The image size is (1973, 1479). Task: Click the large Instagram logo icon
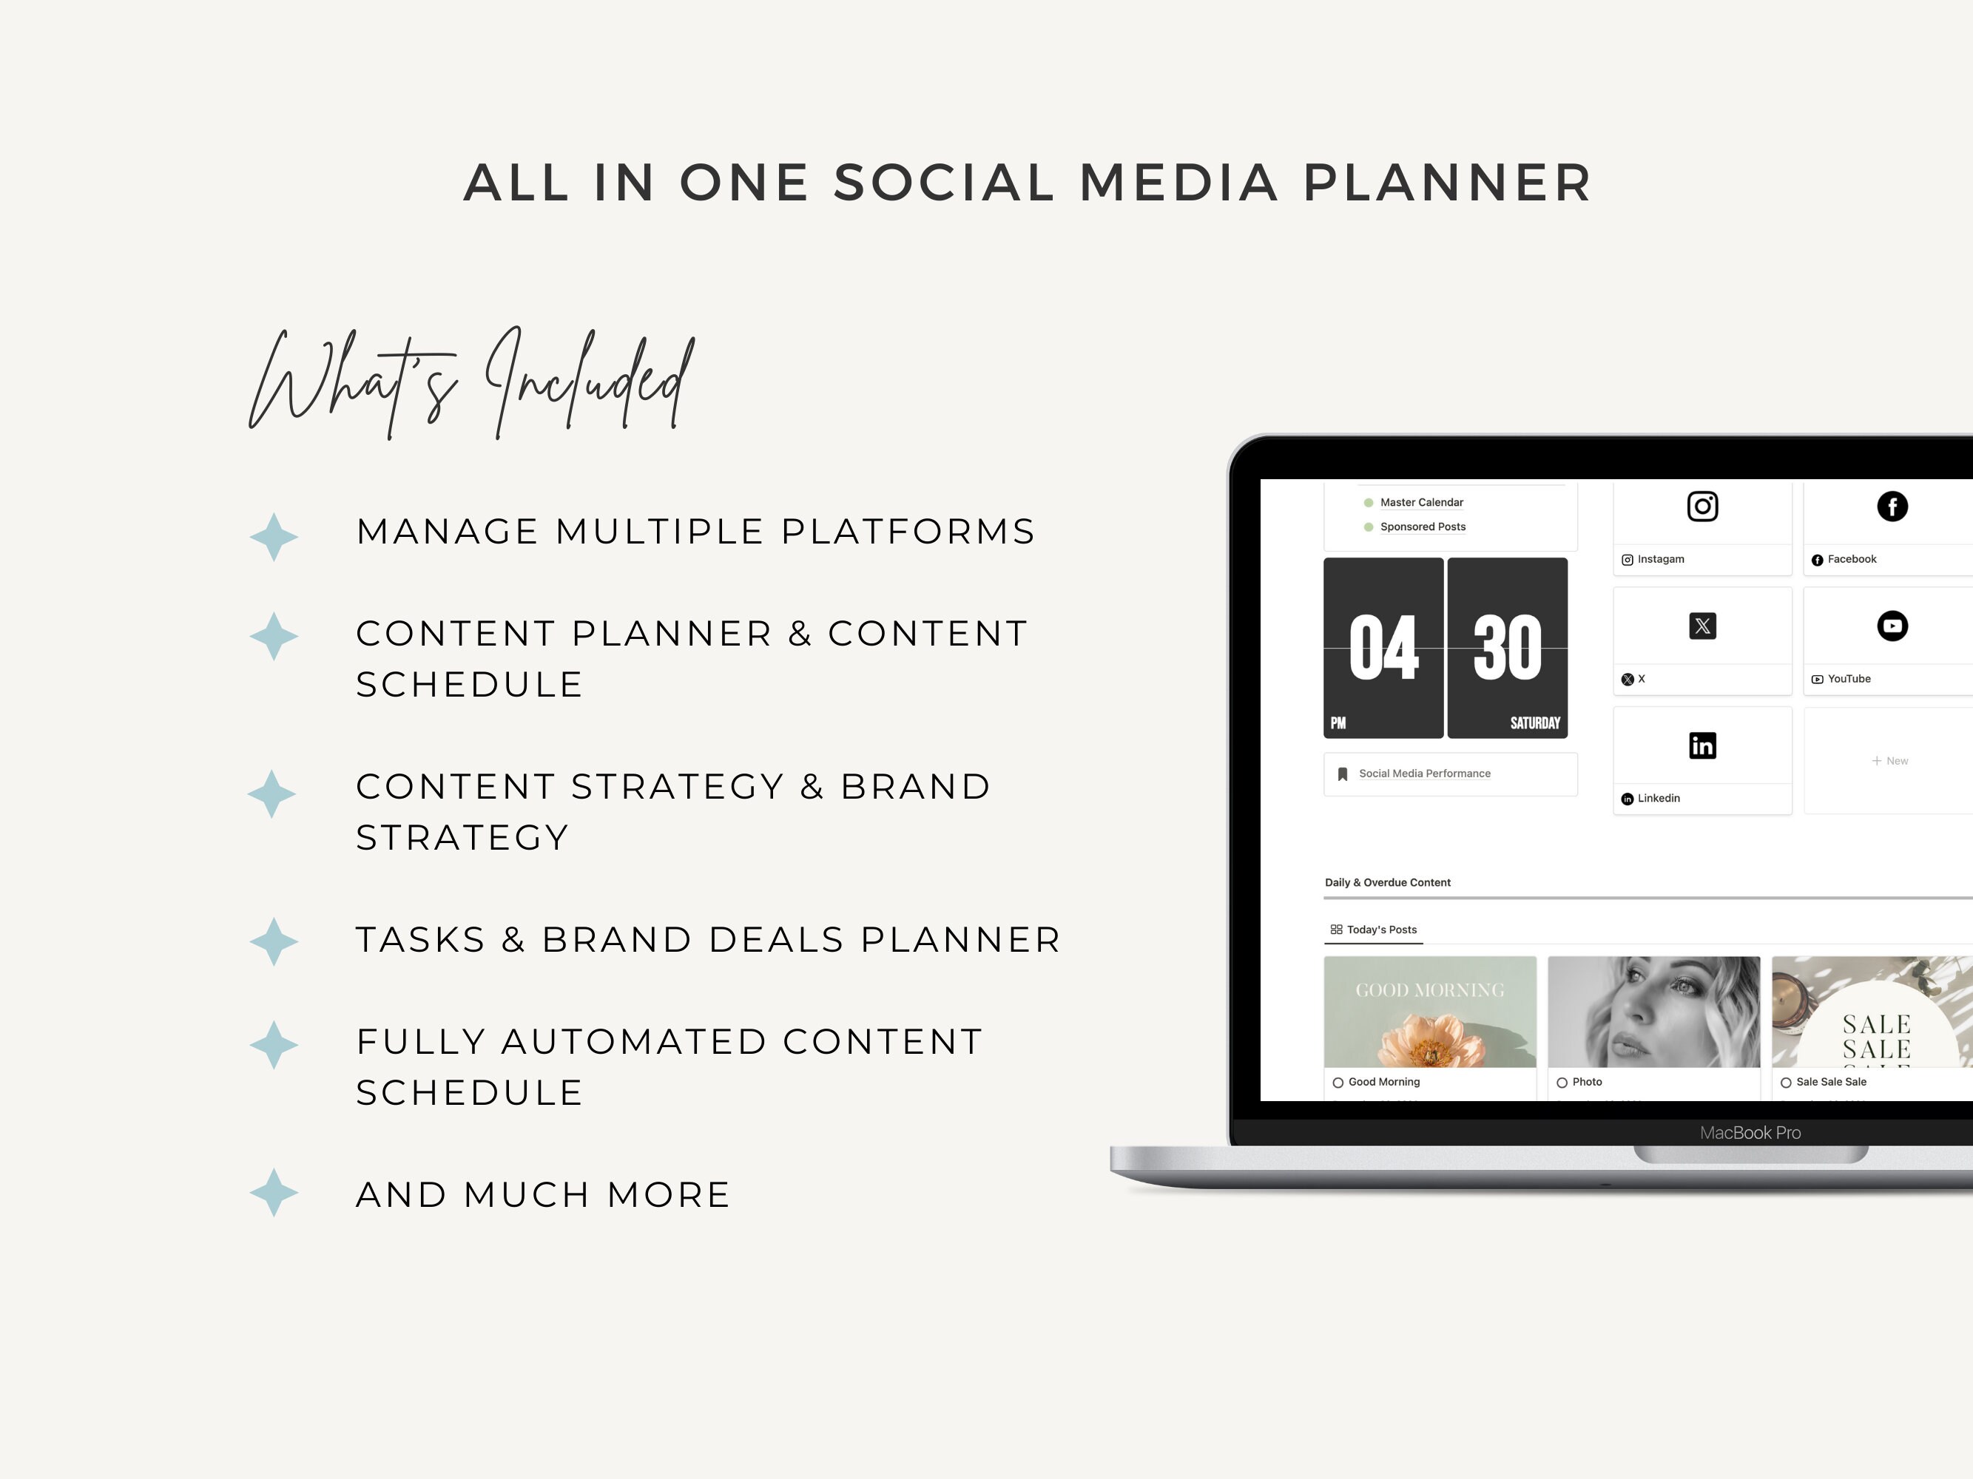[1701, 507]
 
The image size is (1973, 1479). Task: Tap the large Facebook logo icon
[1892, 507]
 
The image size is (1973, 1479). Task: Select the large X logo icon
[1701, 626]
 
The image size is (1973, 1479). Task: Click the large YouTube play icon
[1892, 626]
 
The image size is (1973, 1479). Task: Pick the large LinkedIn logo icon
[1701, 745]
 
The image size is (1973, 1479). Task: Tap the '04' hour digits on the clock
[1383, 648]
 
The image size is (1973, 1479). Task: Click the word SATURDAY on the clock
[1534, 723]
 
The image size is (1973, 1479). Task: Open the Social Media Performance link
[1423, 774]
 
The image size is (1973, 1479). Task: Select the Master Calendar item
[1421, 503]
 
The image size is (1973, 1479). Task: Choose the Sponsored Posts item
[1422, 527]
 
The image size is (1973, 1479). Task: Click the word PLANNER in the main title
[1447, 183]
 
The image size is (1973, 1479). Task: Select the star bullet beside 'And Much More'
[274, 1193]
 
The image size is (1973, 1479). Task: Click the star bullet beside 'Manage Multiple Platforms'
[274, 537]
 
